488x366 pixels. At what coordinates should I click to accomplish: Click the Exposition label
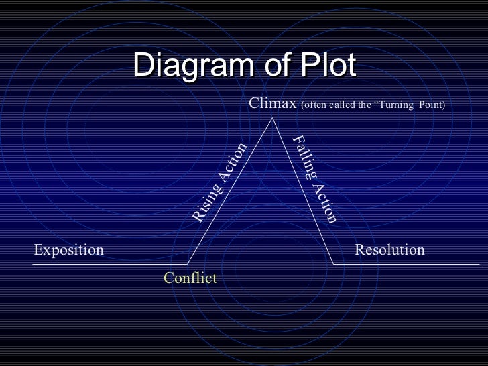(68, 250)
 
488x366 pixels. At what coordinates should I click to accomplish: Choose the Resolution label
(389, 250)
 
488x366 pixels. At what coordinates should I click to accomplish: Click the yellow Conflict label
(190, 277)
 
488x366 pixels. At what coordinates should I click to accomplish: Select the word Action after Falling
(324, 201)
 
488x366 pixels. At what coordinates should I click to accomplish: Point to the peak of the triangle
(273, 119)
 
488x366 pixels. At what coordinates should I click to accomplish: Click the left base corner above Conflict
(188, 263)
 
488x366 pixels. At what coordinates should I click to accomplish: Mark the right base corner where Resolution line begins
(334, 263)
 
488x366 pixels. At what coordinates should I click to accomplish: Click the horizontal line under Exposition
(101, 263)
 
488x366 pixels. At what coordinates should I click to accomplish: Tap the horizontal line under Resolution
(402, 263)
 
